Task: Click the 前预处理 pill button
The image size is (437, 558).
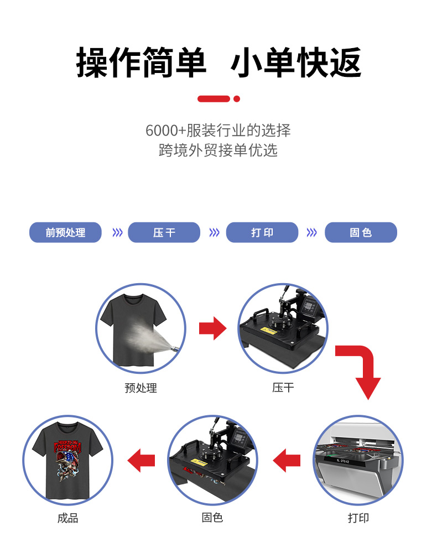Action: (65, 232)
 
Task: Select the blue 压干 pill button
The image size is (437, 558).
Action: (164, 232)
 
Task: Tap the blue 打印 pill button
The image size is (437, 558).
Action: (262, 232)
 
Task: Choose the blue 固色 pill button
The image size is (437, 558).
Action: (361, 232)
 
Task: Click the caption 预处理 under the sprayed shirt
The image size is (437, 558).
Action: (141, 388)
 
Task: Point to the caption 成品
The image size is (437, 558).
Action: (67, 518)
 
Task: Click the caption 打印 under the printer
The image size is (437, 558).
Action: (358, 518)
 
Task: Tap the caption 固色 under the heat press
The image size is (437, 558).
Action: (212, 518)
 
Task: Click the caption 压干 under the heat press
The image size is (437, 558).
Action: (283, 388)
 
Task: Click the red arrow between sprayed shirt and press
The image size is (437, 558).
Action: (213, 328)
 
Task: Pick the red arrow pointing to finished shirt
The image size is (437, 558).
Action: (141, 461)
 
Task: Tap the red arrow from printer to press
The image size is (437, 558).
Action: (287, 461)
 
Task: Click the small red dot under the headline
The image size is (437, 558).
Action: (237, 99)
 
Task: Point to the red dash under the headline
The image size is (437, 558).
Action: (214, 99)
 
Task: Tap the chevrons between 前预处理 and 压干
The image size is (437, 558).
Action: (117, 233)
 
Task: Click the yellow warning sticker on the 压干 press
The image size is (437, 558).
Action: (269, 331)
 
